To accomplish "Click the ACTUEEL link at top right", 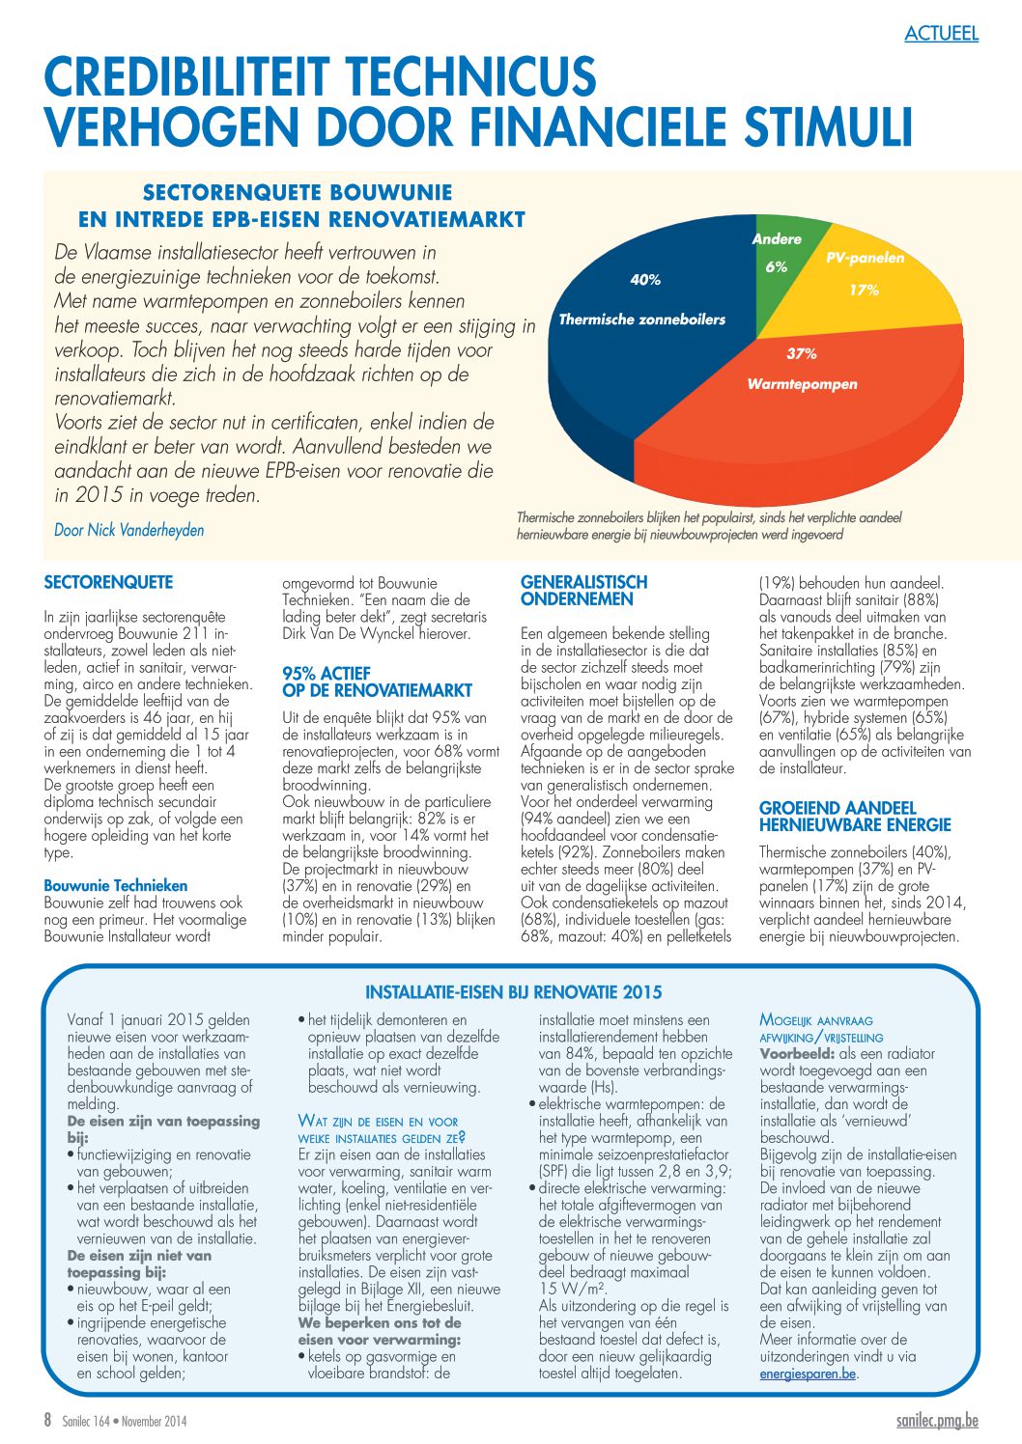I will pos(941,34).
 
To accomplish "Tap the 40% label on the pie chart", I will pos(645,280).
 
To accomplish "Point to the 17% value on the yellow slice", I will pos(864,290).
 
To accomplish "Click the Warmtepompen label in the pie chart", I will pos(802,384).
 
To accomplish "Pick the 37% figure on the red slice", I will pos(801,354).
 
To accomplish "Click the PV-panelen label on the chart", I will pos(865,258).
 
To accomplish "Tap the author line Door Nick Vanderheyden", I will pos(129,530).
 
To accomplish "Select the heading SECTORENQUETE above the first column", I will pos(108,583).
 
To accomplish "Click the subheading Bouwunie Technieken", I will pos(116,885).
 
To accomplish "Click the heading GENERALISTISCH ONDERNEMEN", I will pos(583,591).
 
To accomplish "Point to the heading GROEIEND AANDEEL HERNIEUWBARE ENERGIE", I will pos(855,817).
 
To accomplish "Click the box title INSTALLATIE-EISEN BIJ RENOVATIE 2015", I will pos(513,992).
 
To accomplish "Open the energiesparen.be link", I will pos(808,1374).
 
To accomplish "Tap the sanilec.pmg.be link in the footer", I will pos(936,1421).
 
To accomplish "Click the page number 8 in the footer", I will pos(47,1420).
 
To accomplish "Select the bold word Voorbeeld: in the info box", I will pos(798,1054).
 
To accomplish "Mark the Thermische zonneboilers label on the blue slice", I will pos(641,319).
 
